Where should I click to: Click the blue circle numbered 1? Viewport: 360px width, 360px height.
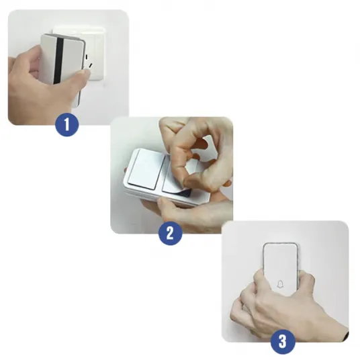tap(66, 124)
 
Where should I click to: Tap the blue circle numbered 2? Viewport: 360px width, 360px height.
tap(170, 233)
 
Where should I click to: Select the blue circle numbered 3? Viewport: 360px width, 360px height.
tap(283, 342)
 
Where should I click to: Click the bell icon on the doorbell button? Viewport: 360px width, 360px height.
tap(280, 284)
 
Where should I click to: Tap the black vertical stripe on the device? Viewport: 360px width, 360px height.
tap(59, 60)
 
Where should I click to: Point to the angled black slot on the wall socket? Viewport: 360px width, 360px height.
tap(91, 66)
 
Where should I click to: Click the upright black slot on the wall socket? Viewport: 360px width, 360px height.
tap(86, 56)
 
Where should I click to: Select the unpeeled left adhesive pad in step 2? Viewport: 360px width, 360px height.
tap(146, 169)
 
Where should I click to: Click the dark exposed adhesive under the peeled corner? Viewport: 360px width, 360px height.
tap(185, 193)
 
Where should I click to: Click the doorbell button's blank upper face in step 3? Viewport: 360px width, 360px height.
tap(280, 259)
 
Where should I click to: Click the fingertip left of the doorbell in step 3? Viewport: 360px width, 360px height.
tap(259, 274)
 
